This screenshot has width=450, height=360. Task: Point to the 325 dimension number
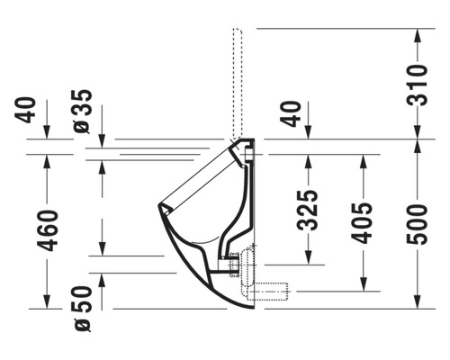click(309, 210)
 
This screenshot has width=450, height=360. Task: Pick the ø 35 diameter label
click(82, 112)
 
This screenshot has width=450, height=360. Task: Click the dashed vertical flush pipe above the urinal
click(238, 81)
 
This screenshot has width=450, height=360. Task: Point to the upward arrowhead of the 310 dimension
click(417, 36)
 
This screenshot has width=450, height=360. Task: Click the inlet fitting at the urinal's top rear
click(243, 147)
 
